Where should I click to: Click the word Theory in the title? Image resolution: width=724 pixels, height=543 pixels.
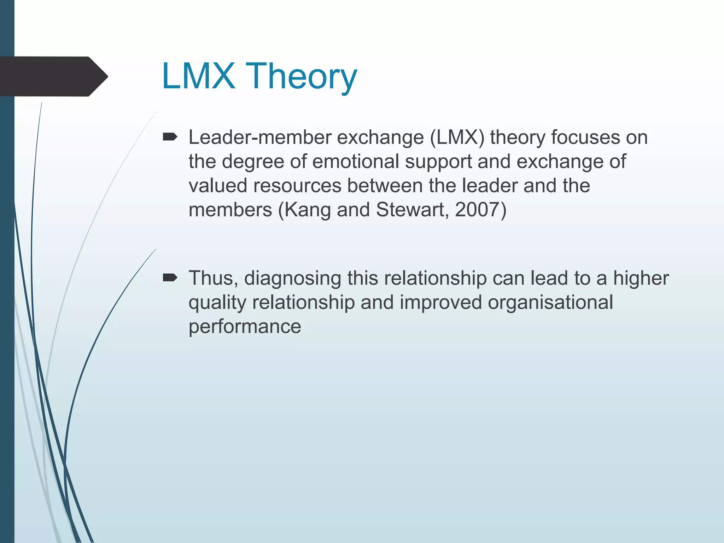click(x=303, y=76)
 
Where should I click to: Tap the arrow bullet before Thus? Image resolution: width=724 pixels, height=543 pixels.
click(x=170, y=278)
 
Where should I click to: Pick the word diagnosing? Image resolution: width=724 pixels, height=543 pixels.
click(x=293, y=279)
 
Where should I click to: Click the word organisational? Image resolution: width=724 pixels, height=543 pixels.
click(x=550, y=303)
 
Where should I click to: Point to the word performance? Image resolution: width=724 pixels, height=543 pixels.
click(x=245, y=327)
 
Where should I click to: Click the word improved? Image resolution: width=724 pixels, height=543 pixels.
click(x=441, y=303)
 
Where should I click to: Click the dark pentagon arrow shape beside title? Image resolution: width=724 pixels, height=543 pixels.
click(x=53, y=76)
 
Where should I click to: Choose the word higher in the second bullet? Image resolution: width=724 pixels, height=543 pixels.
click(x=641, y=279)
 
